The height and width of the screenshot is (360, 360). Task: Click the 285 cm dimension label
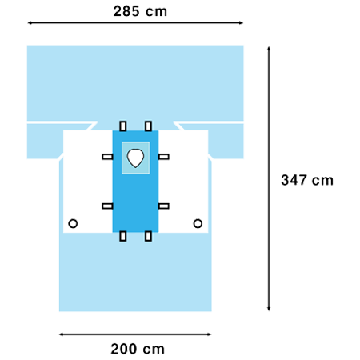(x=140, y=11)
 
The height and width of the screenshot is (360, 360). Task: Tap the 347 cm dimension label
(x=307, y=180)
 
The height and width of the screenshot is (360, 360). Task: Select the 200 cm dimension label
(x=138, y=349)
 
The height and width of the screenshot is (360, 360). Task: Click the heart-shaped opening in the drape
(x=135, y=158)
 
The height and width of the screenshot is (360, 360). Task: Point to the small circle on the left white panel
(x=73, y=223)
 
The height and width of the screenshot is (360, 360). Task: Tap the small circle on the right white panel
(x=198, y=223)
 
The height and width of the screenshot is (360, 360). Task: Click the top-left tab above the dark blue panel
(x=123, y=126)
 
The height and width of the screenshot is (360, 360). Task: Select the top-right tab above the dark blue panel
(x=148, y=126)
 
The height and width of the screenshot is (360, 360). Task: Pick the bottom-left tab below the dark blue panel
(x=123, y=236)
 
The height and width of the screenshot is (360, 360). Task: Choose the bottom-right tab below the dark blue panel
(x=148, y=236)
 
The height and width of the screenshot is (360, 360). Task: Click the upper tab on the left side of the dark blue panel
(x=107, y=157)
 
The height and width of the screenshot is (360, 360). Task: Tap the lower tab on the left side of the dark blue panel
(x=107, y=206)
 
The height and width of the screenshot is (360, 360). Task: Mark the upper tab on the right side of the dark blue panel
(x=164, y=157)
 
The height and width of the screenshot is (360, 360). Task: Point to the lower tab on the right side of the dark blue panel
(x=164, y=206)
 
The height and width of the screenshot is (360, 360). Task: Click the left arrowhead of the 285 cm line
(x=30, y=23)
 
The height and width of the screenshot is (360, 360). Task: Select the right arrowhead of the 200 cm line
(x=209, y=334)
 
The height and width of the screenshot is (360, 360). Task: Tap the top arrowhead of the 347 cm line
(x=269, y=48)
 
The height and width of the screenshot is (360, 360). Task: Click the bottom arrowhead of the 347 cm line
(x=269, y=309)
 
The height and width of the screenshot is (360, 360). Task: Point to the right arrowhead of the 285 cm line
(x=241, y=23)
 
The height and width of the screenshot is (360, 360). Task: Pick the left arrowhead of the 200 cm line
(x=61, y=334)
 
